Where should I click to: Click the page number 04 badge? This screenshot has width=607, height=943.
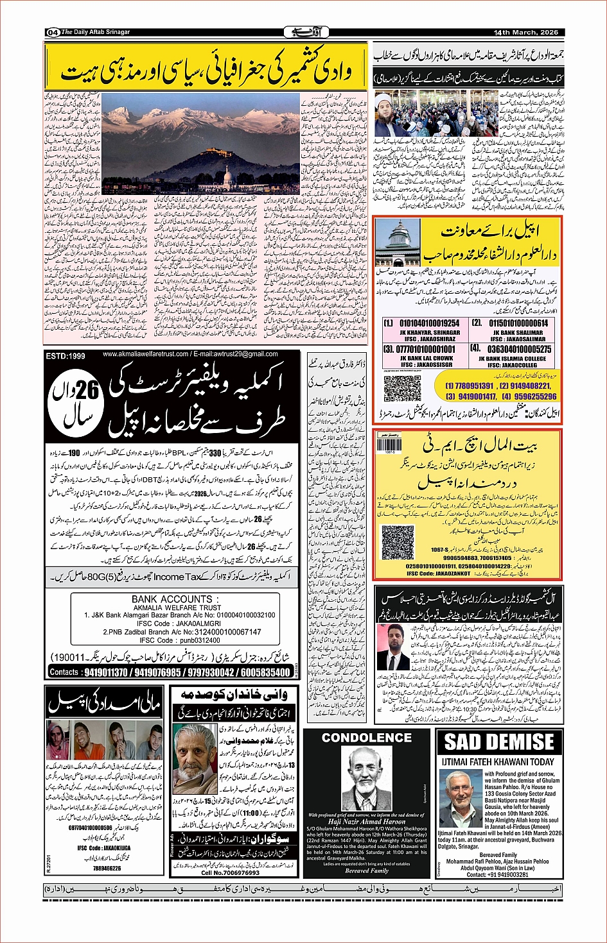pyautogui.click(x=53, y=32)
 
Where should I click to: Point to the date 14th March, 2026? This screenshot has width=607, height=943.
pyautogui.click(x=525, y=32)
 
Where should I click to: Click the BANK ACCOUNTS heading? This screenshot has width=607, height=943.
pyautogui.click(x=171, y=599)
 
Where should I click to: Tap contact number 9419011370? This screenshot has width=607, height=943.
pyautogui.click(x=106, y=672)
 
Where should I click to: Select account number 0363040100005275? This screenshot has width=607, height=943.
pyautogui.click(x=520, y=349)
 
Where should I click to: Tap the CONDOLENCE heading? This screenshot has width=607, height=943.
pyautogui.click(x=367, y=738)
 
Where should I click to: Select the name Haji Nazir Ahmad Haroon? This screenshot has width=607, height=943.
pyautogui.click(x=367, y=821)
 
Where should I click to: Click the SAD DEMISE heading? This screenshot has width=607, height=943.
pyautogui.click(x=499, y=742)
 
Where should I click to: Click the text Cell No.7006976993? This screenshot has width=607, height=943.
pyautogui.click(x=231, y=872)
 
